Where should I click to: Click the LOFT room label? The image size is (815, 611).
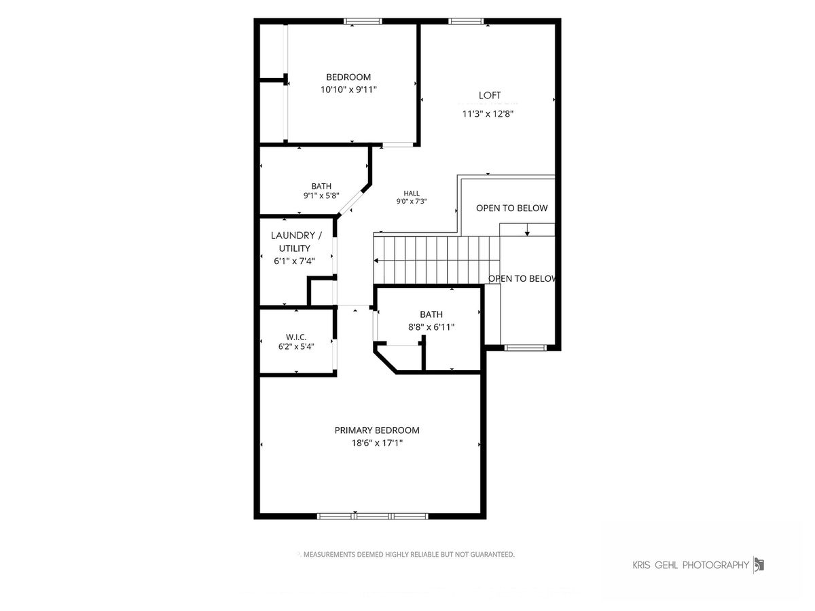490,95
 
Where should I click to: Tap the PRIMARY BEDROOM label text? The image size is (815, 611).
377,430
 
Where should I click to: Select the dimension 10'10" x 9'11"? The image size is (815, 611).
348,90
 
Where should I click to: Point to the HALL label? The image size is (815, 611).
412,193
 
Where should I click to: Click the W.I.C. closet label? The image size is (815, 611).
296,337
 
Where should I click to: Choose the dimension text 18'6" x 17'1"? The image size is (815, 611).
377,443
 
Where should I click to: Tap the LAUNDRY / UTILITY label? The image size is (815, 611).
296,242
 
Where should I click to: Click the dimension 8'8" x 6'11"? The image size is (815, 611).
431,327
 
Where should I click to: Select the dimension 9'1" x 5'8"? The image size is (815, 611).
321,196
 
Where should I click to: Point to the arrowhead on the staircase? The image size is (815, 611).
376,261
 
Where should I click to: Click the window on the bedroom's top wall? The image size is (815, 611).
363,22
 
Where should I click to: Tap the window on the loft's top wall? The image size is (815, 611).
466,22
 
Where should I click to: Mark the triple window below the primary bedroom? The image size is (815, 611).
372,516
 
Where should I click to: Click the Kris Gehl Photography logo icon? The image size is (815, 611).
759,566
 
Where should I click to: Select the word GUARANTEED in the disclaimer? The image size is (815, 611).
492,555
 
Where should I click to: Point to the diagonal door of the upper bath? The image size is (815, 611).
351,203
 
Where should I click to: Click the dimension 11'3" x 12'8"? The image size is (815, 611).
488,114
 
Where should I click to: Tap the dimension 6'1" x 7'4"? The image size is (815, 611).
295,261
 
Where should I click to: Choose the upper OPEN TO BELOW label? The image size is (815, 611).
511,208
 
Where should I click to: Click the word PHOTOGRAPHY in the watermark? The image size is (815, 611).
715,565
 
